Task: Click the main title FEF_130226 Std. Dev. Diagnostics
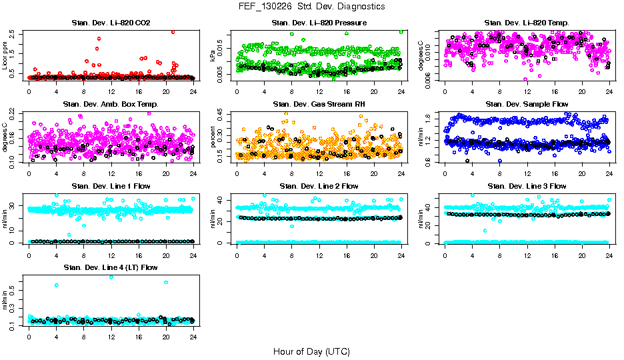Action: click(311, 7)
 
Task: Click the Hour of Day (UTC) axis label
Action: click(311, 351)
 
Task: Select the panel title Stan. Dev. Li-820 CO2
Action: click(111, 23)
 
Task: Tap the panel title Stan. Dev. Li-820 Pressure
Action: click(319, 23)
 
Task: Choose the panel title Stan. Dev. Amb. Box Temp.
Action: click(111, 104)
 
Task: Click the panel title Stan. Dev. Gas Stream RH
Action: click(319, 104)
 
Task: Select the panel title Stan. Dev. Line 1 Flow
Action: click(111, 186)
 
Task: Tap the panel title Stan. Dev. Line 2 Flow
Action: click(319, 186)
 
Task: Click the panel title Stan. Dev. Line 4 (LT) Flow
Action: click(111, 267)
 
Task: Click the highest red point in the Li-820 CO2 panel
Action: click(173, 31)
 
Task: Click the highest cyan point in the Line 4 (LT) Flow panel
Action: click(111, 277)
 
